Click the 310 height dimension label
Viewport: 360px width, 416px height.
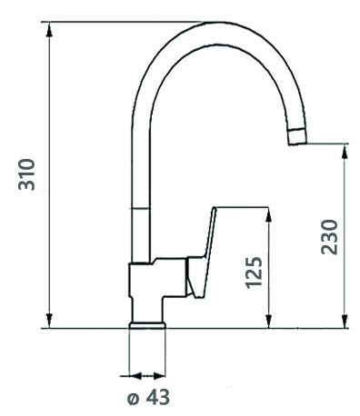(26, 174)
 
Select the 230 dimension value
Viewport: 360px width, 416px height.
(329, 237)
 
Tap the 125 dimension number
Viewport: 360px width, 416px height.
(254, 272)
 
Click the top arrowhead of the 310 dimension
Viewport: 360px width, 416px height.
(50, 29)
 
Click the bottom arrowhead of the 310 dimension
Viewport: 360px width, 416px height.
(50, 321)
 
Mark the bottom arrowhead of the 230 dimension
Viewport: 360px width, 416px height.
(345, 321)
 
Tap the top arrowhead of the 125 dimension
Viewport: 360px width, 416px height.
(268, 214)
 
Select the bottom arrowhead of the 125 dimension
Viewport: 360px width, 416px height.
(268, 321)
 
